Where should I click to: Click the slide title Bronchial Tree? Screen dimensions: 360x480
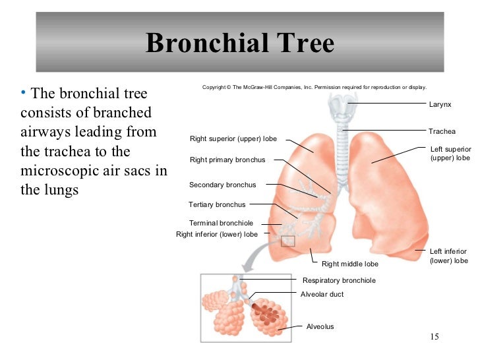(240, 44)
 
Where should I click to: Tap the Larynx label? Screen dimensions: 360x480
(440, 105)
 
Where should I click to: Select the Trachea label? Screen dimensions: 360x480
(442, 131)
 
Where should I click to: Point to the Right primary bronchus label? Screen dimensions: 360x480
(227, 160)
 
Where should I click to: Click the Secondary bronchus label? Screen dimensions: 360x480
(222, 185)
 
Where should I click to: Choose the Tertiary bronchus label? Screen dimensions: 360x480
(217, 204)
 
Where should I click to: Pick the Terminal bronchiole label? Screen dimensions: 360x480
(221, 223)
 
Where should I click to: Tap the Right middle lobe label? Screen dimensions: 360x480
(350, 264)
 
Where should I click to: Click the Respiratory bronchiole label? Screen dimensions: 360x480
(339, 280)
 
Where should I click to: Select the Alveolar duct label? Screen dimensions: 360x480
(322, 294)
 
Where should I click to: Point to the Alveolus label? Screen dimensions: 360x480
(320, 326)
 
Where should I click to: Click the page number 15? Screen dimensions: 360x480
(433, 338)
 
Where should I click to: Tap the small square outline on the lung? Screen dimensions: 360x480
(287, 241)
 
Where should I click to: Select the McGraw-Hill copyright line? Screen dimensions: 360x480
(315, 87)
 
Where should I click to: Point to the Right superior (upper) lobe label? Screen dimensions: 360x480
(233, 139)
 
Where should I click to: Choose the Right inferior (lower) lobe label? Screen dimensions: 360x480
(217, 233)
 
